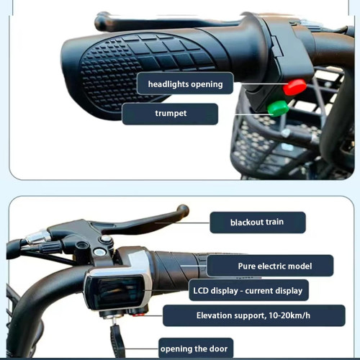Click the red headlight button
294,86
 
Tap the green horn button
278,108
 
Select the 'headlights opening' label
185,84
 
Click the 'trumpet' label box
170,114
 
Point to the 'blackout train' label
258,222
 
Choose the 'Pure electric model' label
270,266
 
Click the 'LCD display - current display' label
248,290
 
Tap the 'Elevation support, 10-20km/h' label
254,315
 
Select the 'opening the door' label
196,348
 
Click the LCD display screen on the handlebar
114,292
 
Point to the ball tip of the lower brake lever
183,210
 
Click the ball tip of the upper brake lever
101,23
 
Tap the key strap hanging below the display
117,341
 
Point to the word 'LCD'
201,290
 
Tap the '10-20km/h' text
289,315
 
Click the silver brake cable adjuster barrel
37,236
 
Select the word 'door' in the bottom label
217,348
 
